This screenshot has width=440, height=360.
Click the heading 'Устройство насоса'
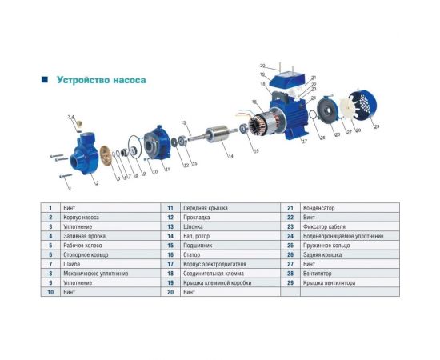pyautogui.click(x=101, y=80)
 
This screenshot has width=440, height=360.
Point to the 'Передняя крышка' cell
pyautogui.click(x=200, y=208)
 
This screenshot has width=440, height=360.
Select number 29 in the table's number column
pyautogui.click(x=290, y=283)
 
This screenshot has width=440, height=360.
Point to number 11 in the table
pyautogui.click(x=170, y=208)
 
